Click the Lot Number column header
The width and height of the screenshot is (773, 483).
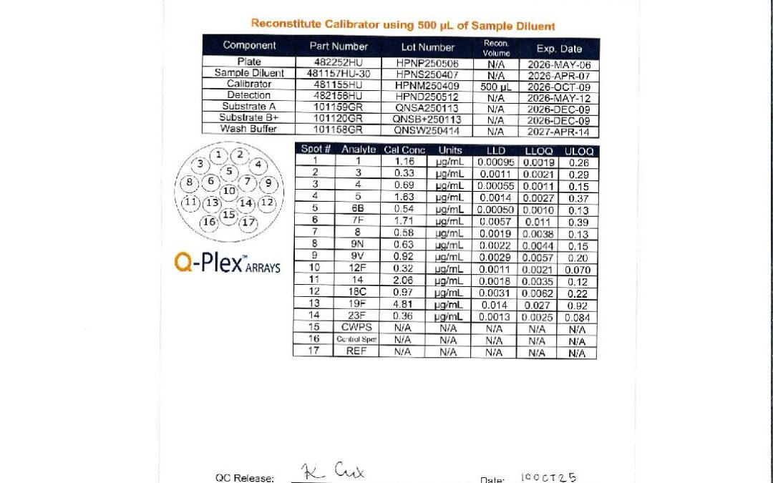pos(427,47)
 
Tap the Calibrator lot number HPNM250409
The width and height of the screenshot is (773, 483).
pos(427,84)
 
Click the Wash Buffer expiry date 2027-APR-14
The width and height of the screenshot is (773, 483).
pos(558,131)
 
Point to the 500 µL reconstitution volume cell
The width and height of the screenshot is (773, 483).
pos(497,85)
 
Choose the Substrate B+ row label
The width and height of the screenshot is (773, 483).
pos(249,117)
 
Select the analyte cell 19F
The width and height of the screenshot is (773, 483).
pos(358,304)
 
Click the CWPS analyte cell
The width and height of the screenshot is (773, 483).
pos(358,328)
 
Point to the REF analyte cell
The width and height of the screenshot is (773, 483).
pos(358,351)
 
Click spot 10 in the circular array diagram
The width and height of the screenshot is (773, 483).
pos(228,190)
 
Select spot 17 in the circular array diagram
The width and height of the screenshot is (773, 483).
pos(248,223)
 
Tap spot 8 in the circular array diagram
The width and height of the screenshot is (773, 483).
pos(190,182)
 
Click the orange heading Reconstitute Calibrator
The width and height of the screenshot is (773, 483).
pos(403,25)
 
